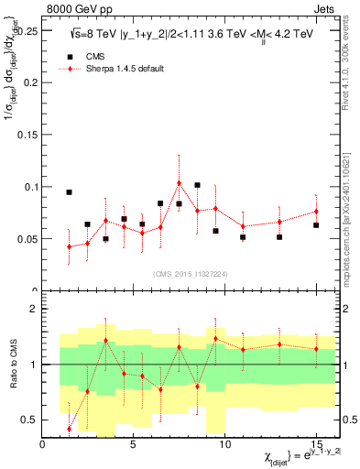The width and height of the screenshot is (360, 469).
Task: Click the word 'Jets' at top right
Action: (327, 7)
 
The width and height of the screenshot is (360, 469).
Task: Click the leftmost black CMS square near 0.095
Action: (70, 192)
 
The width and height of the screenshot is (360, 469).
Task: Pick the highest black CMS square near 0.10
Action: (198, 185)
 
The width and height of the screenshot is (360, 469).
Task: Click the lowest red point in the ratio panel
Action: (70, 429)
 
